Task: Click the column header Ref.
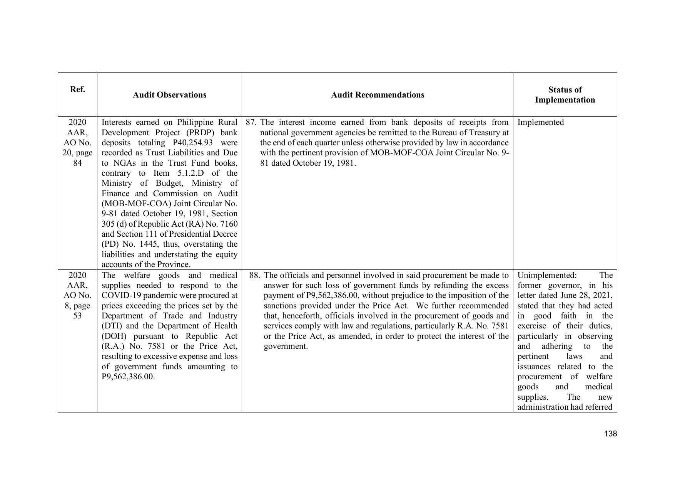[77, 90]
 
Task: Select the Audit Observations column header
[169, 95]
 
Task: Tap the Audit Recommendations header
[378, 95]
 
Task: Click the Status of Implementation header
[565, 95]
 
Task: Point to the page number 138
[610, 434]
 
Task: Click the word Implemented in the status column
[540, 122]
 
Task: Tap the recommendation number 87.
[251, 122]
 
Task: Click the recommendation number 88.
[255, 275]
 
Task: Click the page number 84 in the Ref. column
[77, 163]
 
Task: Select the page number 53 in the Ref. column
[77, 316]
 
